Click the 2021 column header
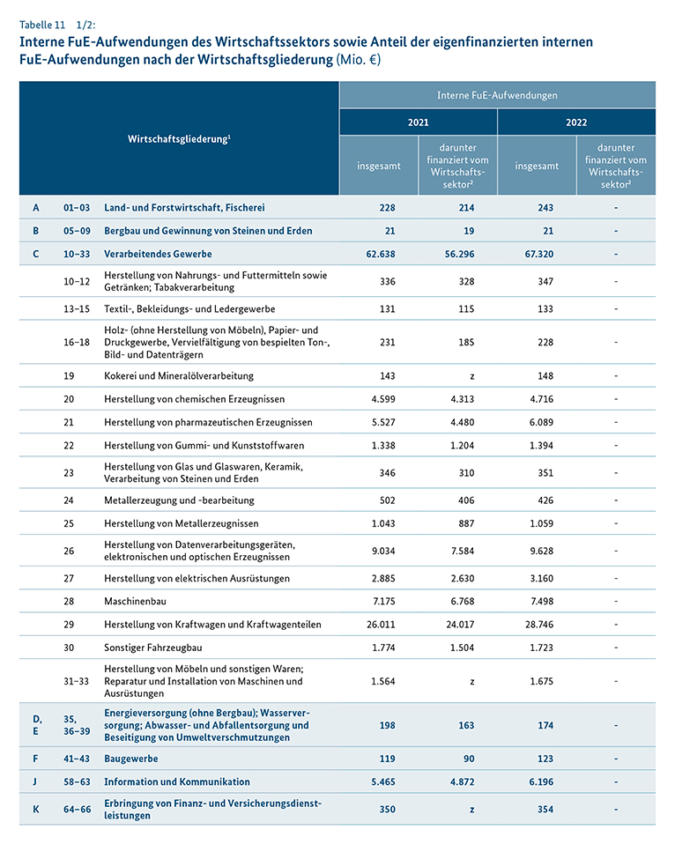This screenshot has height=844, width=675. tap(418, 122)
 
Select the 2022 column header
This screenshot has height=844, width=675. tap(576, 122)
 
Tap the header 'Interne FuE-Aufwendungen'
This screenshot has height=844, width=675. tap(497, 95)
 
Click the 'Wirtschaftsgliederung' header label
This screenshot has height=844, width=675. tap(179, 139)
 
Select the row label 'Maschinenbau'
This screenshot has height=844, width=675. tap(135, 602)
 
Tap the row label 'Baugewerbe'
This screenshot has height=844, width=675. tap(132, 759)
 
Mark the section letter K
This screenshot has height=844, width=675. tap(36, 810)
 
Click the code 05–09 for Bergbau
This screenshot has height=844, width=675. tap(78, 231)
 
